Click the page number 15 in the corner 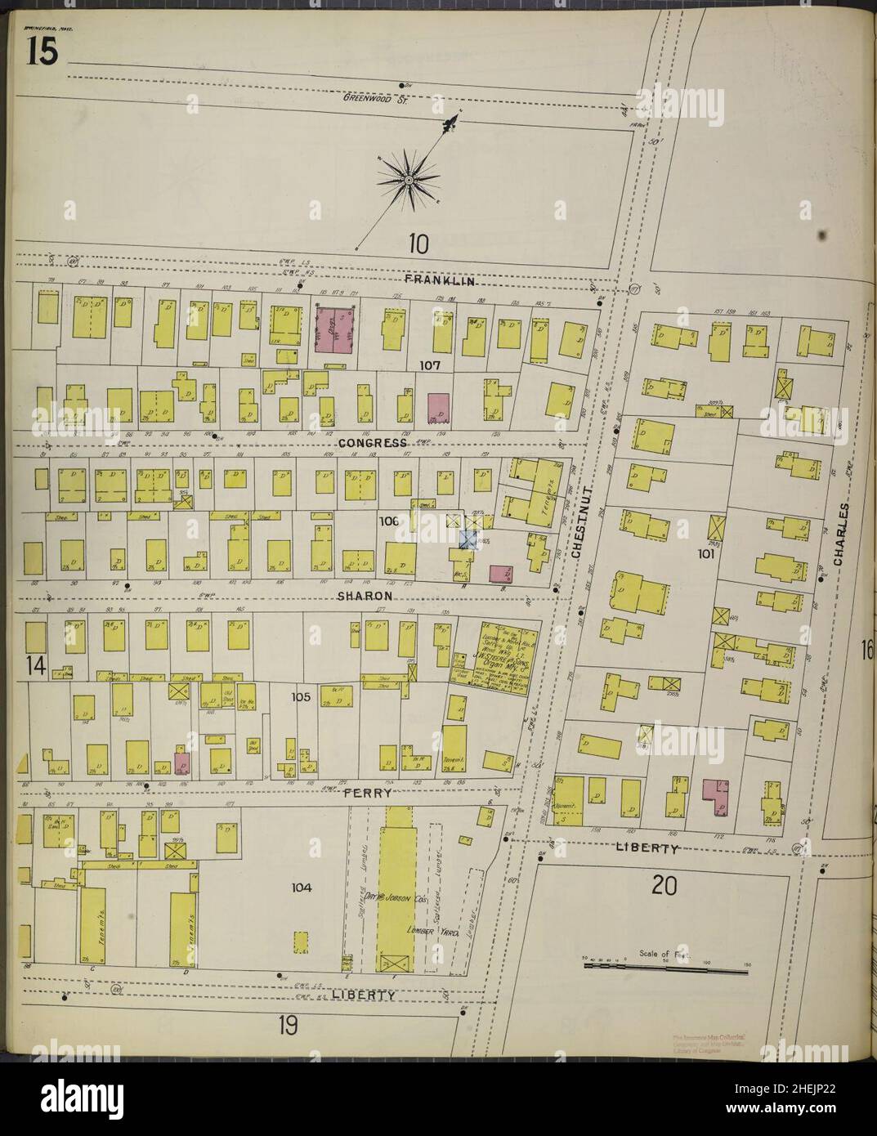point(42,52)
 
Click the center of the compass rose point(406,179)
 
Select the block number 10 point(418,243)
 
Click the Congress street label point(376,443)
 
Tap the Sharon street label point(365,597)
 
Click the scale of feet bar point(666,967)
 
